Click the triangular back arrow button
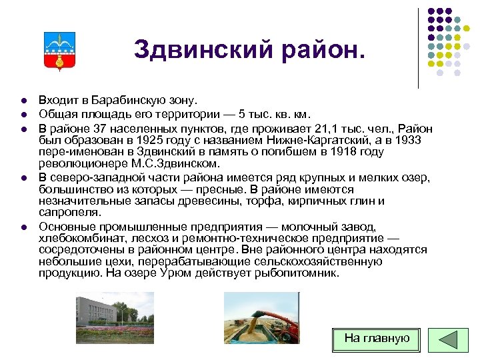click(443, 339)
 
